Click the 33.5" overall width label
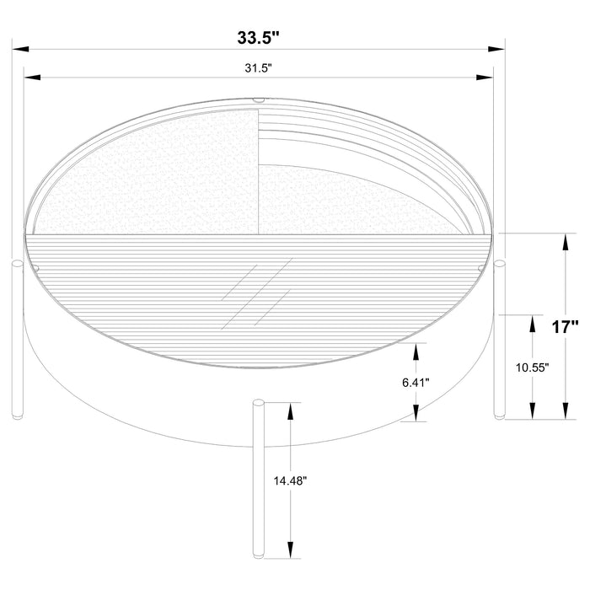pos(258,38)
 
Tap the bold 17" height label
pos(566,328)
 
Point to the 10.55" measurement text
pos(533,368)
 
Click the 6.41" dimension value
pos(416,382)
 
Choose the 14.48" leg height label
pos(290,480)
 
